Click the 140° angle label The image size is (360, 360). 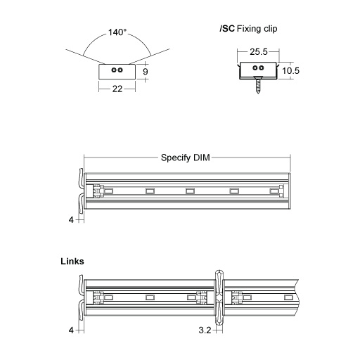pyautogui.click(x=118, y=32)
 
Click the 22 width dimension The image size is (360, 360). pyautogui.click(x=118, y=89)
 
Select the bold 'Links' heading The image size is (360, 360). pyautogui.click(x=73, y=261)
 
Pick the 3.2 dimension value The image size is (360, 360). pyautogui.click(x=206, y=329)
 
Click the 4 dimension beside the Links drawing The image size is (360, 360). pyautogui.click(x=71, y=329)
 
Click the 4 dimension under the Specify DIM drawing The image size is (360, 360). pyautogui.click(x=71, y=220)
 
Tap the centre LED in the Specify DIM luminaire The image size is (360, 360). pyautogui.click(x=189, y=190)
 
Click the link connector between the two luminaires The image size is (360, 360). pyautogui.click(x=219, y=298)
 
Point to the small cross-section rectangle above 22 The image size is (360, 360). pyautogui.click(x=118, y=71)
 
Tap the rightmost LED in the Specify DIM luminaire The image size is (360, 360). pyautogui.click(x=273, y=190)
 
